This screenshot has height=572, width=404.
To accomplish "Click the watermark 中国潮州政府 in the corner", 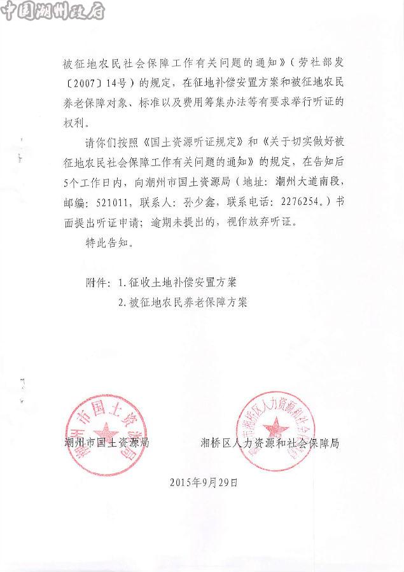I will click(x=53, y=11).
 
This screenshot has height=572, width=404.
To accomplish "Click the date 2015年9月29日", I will click(x=204, y=482).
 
